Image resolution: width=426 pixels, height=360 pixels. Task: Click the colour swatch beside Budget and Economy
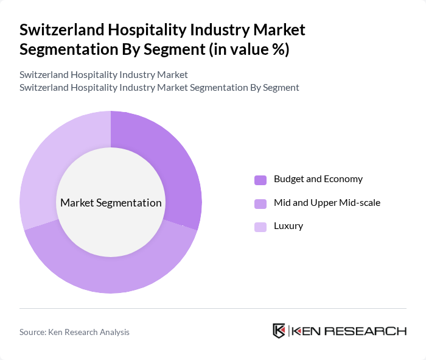click(260, 180)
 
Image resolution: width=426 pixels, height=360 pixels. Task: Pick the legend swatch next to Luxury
click(260, 227)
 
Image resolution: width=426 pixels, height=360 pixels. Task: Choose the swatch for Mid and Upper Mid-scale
click(260, 203)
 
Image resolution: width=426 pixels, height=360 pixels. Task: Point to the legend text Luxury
click(288, 226)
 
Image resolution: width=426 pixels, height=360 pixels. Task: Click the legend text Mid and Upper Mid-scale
click(327, 203)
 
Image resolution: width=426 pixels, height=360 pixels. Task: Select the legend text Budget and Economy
click(318, 179)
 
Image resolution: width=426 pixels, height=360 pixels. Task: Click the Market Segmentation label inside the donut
click(111, 203)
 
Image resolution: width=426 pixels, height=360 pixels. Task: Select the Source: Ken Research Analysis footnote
click(74, 332)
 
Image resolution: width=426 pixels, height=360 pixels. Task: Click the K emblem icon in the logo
click(279, 331)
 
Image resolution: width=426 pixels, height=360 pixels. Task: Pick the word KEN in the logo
click(306, 331)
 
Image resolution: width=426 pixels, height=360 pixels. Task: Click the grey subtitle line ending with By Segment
click(159, 87)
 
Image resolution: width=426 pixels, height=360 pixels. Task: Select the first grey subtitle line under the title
click(103, 75)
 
